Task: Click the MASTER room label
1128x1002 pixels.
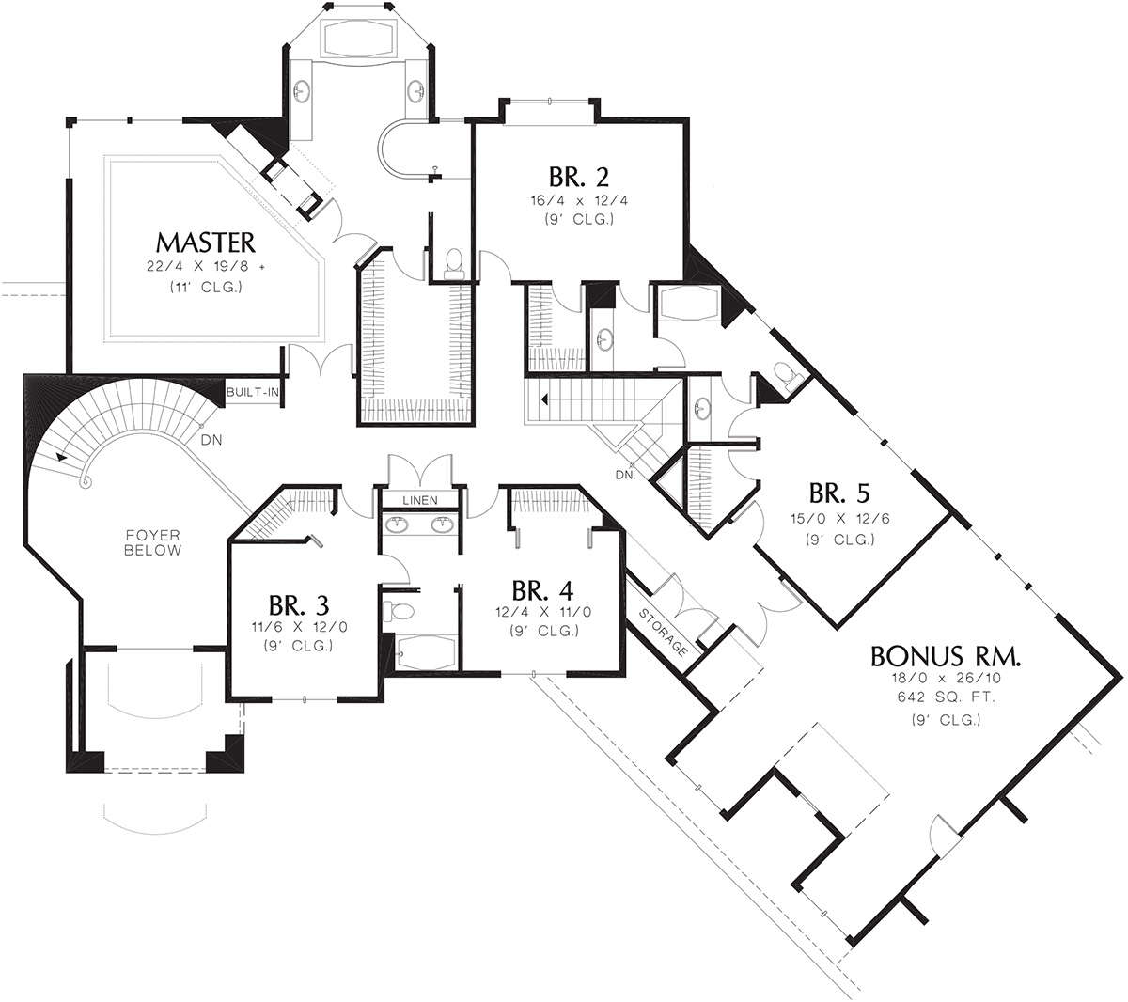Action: (x=206, y=243)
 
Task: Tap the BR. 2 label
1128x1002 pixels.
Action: (x=578, y=177)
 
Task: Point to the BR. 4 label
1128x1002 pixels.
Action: (x=542, y=589)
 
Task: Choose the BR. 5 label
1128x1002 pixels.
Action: (x=838, y=493)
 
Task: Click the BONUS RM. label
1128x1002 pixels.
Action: (x=946, y=656)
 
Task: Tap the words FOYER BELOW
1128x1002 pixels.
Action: (x=152, y=542)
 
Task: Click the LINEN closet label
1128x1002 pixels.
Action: (x=420, y=500)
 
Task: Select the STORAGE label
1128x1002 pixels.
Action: (x=663, y=633)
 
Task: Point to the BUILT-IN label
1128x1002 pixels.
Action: (x=252, y=392)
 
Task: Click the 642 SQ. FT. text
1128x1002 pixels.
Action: (x=946, y=697)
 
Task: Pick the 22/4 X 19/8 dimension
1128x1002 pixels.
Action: (x=206, y=266)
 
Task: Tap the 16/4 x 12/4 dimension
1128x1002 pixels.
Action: (x=579, y=200)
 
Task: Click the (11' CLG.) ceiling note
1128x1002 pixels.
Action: (x=206, y=288)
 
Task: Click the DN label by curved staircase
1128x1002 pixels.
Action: (x=211, y=440)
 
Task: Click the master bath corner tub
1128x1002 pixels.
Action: (x=359, y=38)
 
